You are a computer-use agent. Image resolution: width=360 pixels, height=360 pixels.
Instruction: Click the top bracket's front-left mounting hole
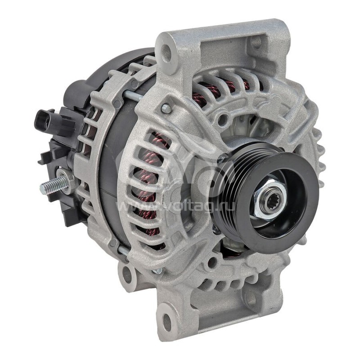pyautogui.click(x=166, y=54)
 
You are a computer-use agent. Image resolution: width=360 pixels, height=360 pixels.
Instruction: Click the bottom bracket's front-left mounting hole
pyautogui.click(x=166, y=321)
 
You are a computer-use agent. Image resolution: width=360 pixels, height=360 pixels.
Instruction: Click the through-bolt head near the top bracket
pyautogui.click(x=166, y=108)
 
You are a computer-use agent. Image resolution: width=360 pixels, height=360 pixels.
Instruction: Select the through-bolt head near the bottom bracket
pyautogui.click(x=157, y=271)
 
